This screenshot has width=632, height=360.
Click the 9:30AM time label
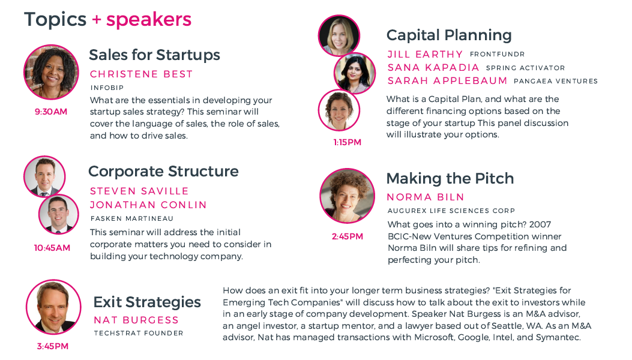coord(51,112)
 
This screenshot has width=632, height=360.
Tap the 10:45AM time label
coord(52,248)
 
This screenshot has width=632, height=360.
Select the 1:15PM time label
coord(347,142)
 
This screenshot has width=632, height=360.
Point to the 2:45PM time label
coord(348,236)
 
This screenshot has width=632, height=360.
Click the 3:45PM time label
coord(53,346)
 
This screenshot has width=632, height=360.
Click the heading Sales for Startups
coord(154,55)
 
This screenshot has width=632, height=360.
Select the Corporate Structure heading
coord(163,172)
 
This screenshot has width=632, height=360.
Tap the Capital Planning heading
coord(449,35)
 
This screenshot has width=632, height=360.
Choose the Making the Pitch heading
coord(450,179)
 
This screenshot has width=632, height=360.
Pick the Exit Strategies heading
coord(147,302)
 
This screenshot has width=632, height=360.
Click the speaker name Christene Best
coord(141,74)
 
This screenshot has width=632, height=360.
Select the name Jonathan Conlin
coord(148,205)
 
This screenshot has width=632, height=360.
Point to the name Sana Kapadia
coord(433,67)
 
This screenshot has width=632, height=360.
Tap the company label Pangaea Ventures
coord(556,81)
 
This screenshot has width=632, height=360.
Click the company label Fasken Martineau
coord(132,218)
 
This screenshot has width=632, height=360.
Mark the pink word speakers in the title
coord(149,20)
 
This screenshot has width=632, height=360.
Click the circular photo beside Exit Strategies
coord(53,307)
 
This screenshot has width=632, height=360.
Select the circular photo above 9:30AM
coord(51,72)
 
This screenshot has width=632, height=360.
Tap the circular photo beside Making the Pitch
coord(347,196)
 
